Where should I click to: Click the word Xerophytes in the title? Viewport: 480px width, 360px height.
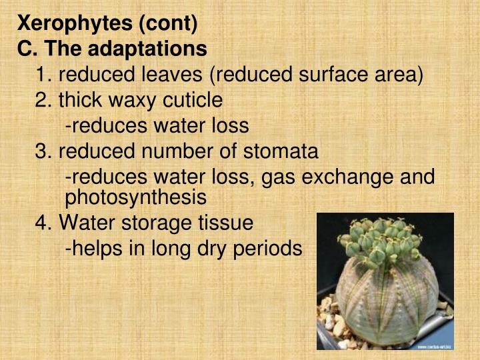74,24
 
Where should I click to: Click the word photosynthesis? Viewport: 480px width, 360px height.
135,197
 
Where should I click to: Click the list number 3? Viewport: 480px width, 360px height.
42,151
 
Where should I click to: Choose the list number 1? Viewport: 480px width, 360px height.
42,75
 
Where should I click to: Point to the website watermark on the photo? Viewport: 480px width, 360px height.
434,346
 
